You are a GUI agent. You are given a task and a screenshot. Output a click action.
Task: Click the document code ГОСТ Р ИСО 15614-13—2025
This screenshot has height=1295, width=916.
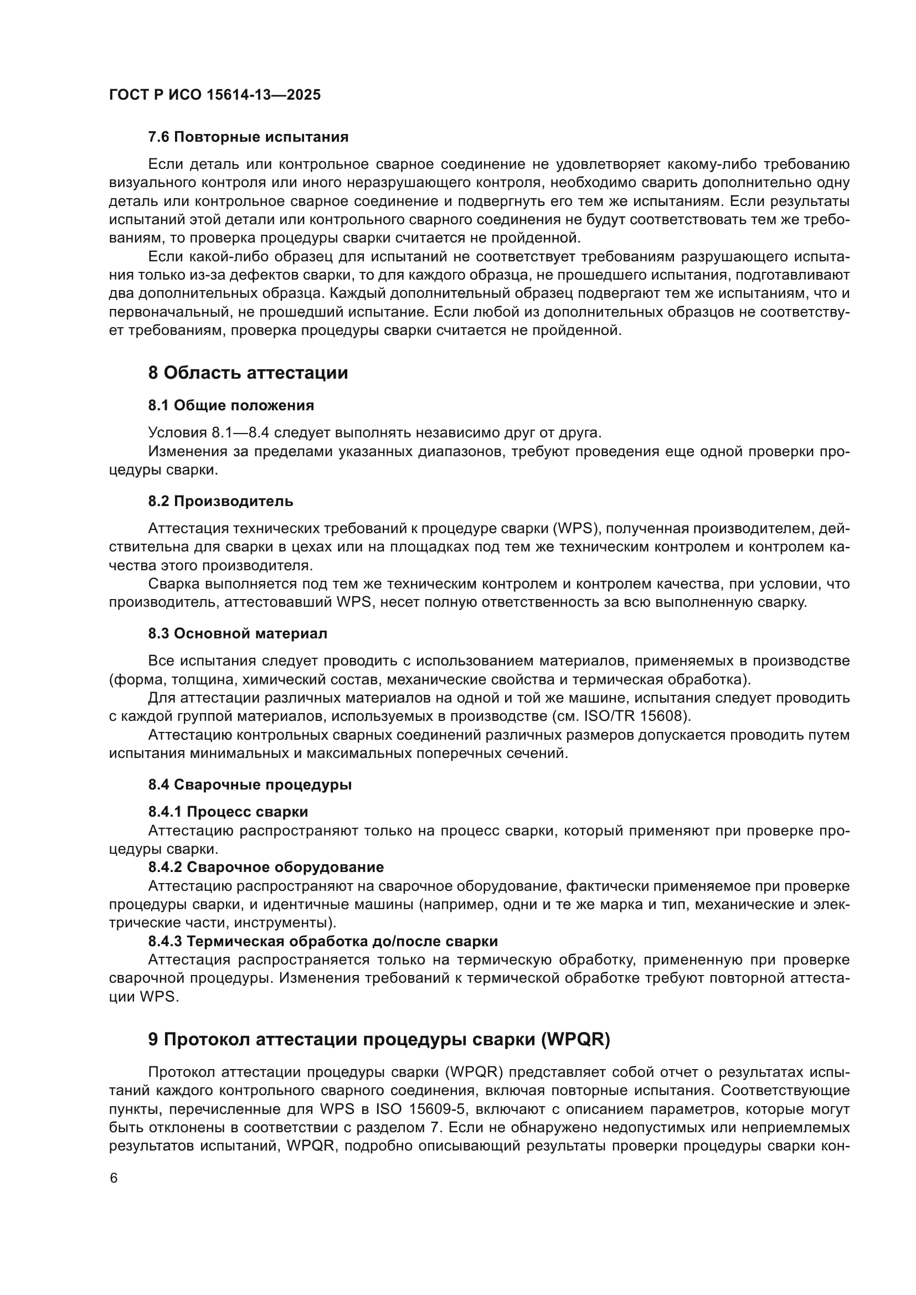[x=215, y=95]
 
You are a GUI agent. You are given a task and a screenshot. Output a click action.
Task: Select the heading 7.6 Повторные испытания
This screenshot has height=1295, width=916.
[x=248, y=137]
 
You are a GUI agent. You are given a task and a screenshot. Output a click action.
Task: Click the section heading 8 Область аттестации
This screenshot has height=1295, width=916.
[x=248, y=373]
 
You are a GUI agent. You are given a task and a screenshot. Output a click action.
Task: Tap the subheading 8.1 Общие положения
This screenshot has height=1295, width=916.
[x=231, y=405]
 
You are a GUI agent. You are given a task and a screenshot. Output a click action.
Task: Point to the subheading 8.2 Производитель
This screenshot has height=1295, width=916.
[x=220, y=501]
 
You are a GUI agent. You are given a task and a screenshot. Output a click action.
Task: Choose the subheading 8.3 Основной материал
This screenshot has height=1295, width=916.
[x=238, y=633]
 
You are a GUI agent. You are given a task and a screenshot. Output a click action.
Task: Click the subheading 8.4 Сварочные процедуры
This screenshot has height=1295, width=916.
[x=250, y=785]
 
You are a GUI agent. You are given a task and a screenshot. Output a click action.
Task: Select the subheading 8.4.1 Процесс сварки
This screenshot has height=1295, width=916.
[x=228, y=812]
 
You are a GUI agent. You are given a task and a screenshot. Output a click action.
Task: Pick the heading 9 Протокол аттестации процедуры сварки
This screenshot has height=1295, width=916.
[x=379, y=1040]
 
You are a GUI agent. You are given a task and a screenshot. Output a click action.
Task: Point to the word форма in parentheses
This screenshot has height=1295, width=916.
[x=132, y=679]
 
